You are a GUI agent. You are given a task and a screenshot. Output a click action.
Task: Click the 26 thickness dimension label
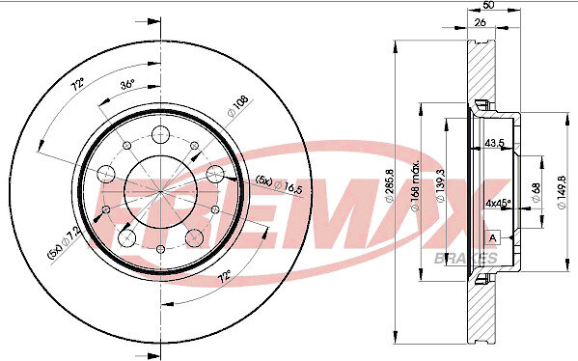(480, 22)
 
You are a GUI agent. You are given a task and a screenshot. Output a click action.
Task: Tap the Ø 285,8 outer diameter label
(390, 185)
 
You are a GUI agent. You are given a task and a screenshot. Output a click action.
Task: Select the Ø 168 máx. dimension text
(415, 186)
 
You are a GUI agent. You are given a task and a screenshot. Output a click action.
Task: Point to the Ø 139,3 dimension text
(440, 186)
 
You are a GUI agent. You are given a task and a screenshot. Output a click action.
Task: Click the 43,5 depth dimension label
(494, 143)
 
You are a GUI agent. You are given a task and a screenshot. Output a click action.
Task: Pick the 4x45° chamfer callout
(498, 203)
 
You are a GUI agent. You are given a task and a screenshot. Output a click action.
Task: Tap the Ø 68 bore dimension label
(536, 192)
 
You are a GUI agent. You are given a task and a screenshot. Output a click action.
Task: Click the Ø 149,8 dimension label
(562, 192)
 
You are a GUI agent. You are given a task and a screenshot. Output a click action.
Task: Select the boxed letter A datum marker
(493, 237)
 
